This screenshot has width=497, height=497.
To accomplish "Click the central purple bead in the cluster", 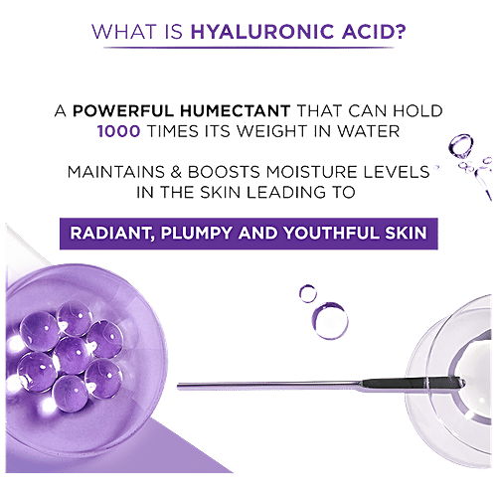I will pyautogui.click(x=70, y=351).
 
